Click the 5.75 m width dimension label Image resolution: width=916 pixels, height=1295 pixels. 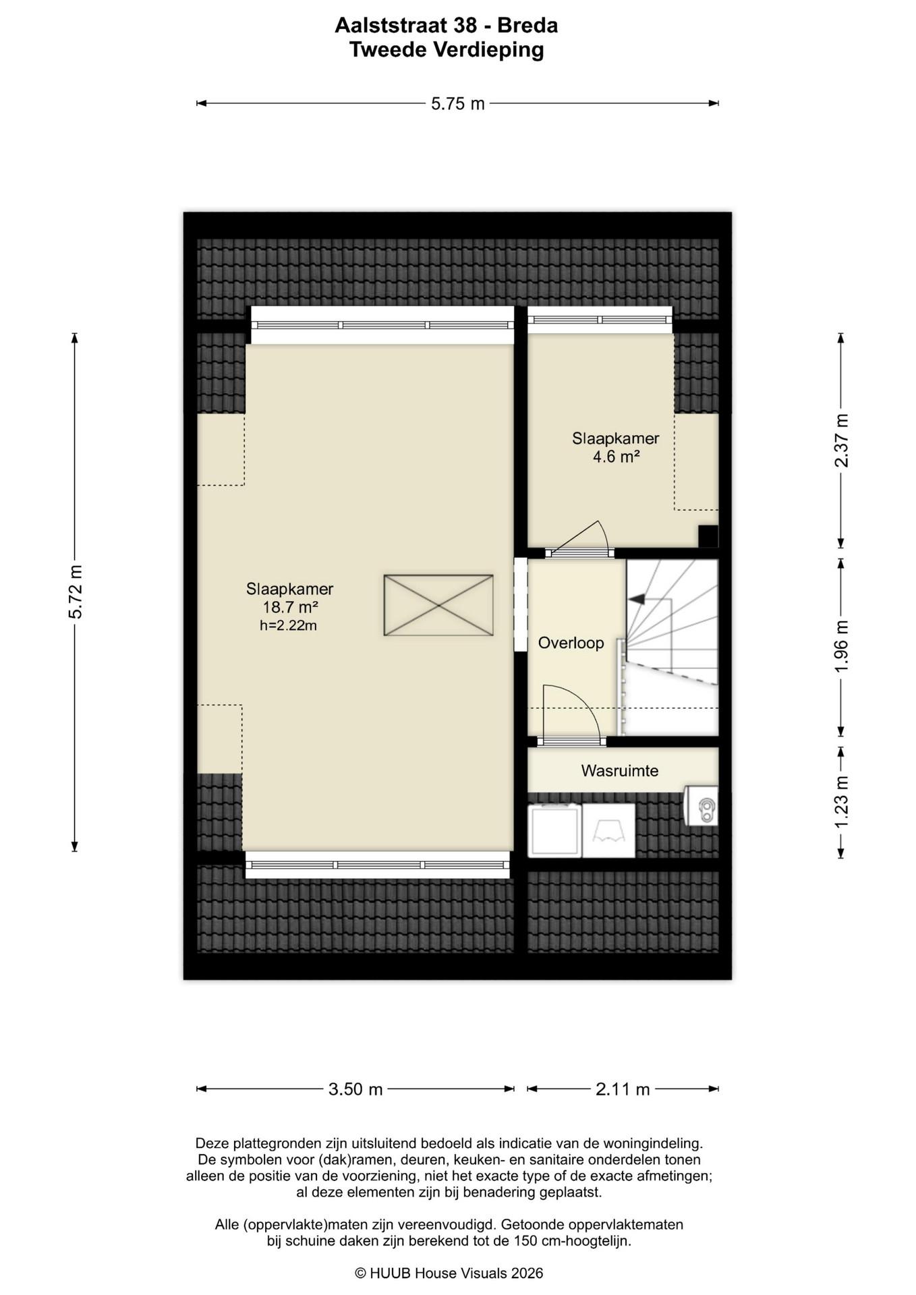pos(458,104)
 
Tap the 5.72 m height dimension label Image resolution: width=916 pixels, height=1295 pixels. pos(76,592)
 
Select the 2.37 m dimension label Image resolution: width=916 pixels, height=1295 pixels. pos(841,440)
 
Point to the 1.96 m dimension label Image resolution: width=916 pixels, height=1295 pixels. pos(841,645)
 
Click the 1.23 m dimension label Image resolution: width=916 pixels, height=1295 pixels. pos(841,803)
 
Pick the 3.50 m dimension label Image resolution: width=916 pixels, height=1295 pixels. pos(355,1089)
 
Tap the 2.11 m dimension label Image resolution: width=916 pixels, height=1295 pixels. pos(623,1089)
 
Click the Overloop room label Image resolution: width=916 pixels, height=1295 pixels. pos(571,643)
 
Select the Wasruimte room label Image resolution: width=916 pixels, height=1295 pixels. pos(620,771)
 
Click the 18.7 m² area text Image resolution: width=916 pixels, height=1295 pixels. pos(290,608)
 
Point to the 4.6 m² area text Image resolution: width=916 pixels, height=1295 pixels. pos(616,457)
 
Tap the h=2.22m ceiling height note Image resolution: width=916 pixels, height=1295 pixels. pos(289,626)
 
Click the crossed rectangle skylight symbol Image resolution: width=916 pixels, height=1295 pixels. pos(438,605)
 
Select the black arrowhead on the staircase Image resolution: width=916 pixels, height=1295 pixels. pos(636,599)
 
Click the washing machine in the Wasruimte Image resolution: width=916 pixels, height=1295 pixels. pos(554,831)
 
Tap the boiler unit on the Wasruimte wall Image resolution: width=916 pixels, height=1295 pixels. pos(702,805)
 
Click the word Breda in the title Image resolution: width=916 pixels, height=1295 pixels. pos(527,26)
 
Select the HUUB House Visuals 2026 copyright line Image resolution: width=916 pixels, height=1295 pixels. pos(449,1273)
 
